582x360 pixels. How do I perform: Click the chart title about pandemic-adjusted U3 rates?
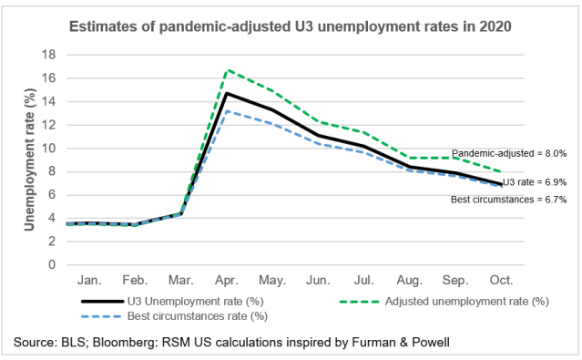(291, 26)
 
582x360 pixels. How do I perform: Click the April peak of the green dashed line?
(225, 70)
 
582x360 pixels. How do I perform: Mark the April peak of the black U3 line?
(225, 93)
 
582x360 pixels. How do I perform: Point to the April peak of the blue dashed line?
(225, 111)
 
